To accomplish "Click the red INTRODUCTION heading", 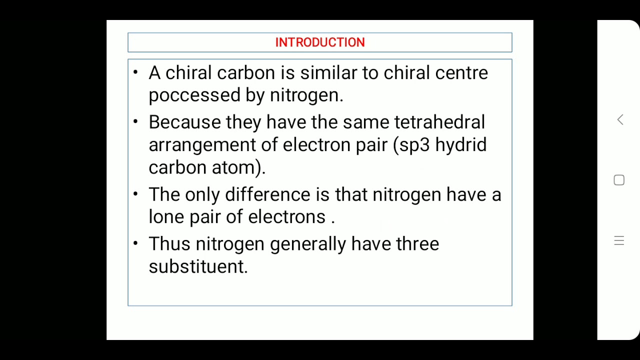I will tap(320, 42).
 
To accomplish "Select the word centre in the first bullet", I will tap(461, 73).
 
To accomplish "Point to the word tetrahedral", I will tap(439, 122).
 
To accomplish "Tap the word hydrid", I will tap(460, 145).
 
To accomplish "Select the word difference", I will tap(267, 194).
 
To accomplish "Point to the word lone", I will tap(166, 217).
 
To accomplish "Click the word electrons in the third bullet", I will tap(286, 217).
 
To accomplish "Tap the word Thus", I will tap(169, 244).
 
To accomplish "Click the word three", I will tap(417, 244).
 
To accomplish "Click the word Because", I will tap(184, 122).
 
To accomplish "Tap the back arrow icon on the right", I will tap(620, 120).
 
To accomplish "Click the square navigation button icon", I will tap(619, 180).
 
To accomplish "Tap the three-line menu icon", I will tap(619, 241).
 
